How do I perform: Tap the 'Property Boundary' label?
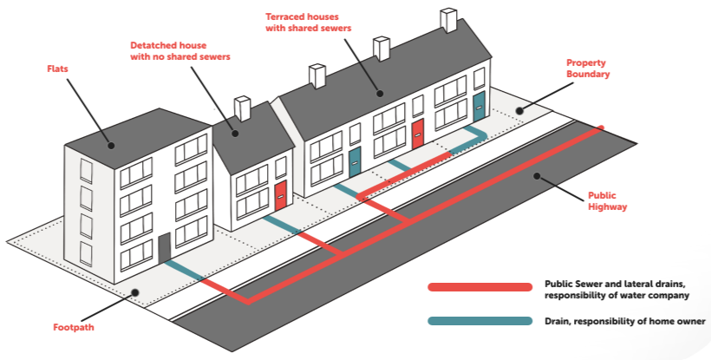(x=588, y=69)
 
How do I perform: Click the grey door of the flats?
(x=164, y=247)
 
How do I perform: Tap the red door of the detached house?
(x=280, y=196)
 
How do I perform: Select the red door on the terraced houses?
(x=417, y=133)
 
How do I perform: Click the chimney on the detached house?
(x=243, y=108)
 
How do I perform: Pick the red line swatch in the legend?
(x=479, y=287)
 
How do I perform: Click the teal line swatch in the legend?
(x=479, y=321)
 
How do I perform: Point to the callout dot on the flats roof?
(x=110, y=145)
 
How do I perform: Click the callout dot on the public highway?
(x=538, y=176)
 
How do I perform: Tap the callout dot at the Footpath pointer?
(x=134, y=292)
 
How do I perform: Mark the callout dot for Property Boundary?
(x=519, y=110)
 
